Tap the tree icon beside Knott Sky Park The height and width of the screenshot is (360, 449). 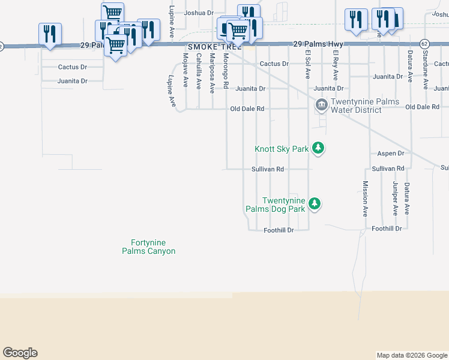point(319,148)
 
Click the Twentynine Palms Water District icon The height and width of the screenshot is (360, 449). point(322,106)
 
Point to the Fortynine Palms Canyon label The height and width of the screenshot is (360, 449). point(148,247)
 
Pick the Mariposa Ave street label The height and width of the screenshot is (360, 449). point(212,73)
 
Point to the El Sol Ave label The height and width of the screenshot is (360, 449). point(308,65)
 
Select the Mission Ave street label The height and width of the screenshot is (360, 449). point(365,199)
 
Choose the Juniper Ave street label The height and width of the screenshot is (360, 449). point(395,199)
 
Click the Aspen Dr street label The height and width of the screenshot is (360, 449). point(391,154)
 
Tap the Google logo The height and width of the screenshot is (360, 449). point(20,353)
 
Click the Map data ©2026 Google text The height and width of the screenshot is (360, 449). point(412,355)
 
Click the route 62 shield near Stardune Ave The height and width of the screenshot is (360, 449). point(424,44)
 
